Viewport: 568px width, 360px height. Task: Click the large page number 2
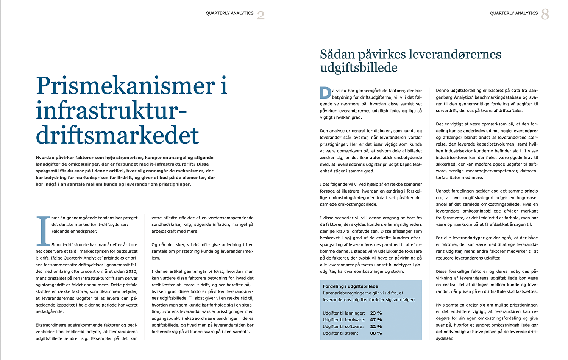pos(261,15)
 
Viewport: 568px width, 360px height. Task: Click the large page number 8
pos(545,14)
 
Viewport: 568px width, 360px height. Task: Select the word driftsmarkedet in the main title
pos(117,135)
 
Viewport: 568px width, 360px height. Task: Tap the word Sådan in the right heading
pos(337,54)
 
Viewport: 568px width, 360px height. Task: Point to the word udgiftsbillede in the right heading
pos(359,67)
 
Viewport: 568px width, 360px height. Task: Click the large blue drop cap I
pos(43,231)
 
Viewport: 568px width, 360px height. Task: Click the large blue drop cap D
pos(325,93)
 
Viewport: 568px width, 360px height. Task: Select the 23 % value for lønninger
pos(376,313)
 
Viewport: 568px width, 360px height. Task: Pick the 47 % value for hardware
pos(376,320)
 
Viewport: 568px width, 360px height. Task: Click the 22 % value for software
pos(376,327)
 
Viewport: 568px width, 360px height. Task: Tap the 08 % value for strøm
pos(376,333)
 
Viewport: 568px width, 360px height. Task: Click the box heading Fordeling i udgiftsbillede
pos(350,286)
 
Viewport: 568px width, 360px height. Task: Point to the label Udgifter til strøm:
pos(341,333)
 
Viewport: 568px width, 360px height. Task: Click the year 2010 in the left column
pos(132,271)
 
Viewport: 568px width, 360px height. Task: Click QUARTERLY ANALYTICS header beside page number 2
pos(229,13)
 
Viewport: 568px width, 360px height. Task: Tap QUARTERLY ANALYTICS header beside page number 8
pos(514,13)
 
